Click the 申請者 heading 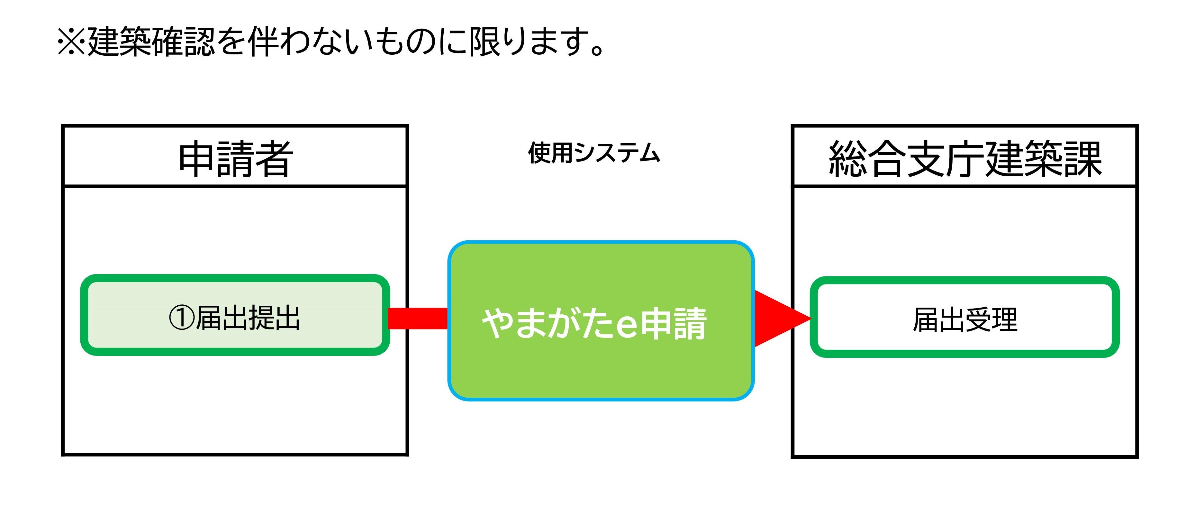pos(235,159)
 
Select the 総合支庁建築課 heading pos(964,159)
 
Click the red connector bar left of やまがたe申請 pos(418,319)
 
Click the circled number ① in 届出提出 pos(181,318)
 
